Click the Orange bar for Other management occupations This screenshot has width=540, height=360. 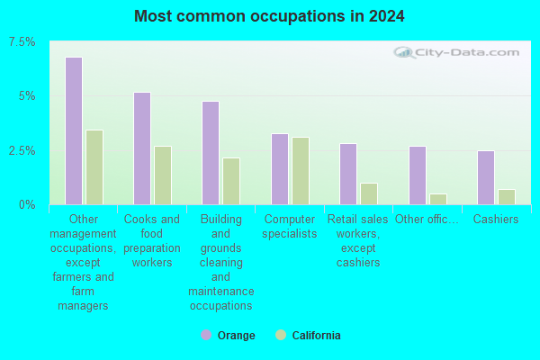click(x=74, y=131)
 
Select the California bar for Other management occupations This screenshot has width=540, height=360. click(x=94, y=167)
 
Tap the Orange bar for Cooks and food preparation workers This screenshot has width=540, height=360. click(x=142, y=148)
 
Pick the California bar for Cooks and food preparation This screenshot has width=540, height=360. click(x=163, y=175)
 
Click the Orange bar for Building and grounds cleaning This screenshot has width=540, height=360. click(x=211, y=153)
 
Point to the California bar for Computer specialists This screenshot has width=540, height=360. click(x=301, y=171)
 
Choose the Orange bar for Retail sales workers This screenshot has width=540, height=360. click(x=348, y=174)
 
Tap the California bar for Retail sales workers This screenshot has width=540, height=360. click(x=369, y=193)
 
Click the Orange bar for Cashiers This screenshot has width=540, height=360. click(x=486, y=177)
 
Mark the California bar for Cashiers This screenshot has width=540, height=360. click(x=507, y=197)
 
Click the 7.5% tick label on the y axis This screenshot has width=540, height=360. click(x=22, y=42)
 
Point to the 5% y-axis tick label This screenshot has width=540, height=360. click(x=28, y=96)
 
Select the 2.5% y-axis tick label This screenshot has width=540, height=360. click(x=22, y=150)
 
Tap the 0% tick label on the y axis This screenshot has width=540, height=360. click(x=28, y=204)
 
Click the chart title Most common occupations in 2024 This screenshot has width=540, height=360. click(x=269, y=16)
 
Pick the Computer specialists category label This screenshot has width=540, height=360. click(x=289, y=226)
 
